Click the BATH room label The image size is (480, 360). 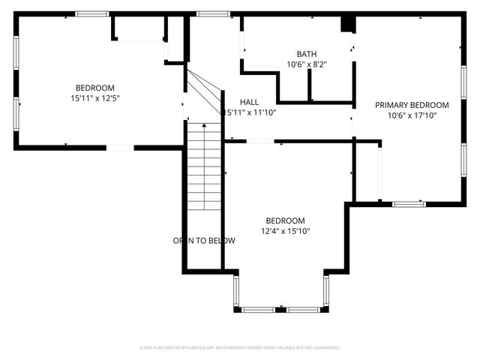click(x=306, y=54)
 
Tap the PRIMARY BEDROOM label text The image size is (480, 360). click(x=412, y=105)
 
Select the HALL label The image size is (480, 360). click(x=250, y=102)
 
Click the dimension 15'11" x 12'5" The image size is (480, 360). click(x=95, y=97)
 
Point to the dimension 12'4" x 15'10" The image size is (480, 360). click(x=285, y=231)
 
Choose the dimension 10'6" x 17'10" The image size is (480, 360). click(x=412, y=115)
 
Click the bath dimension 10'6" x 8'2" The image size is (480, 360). click(x=306, y=64)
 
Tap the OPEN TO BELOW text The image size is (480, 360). click(x=204, y=241)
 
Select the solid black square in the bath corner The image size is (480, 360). click(x=347, y=24)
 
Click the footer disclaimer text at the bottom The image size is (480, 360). click(x=240, y=347)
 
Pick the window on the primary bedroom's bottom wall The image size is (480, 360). click(x=409, y=203)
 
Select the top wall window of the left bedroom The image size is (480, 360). click(x=91, y=13)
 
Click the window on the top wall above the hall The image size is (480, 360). click(x=213, y=13)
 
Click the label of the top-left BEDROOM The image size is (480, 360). click(x=94, y=87)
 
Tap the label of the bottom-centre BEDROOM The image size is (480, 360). click(x=285, y=220)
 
